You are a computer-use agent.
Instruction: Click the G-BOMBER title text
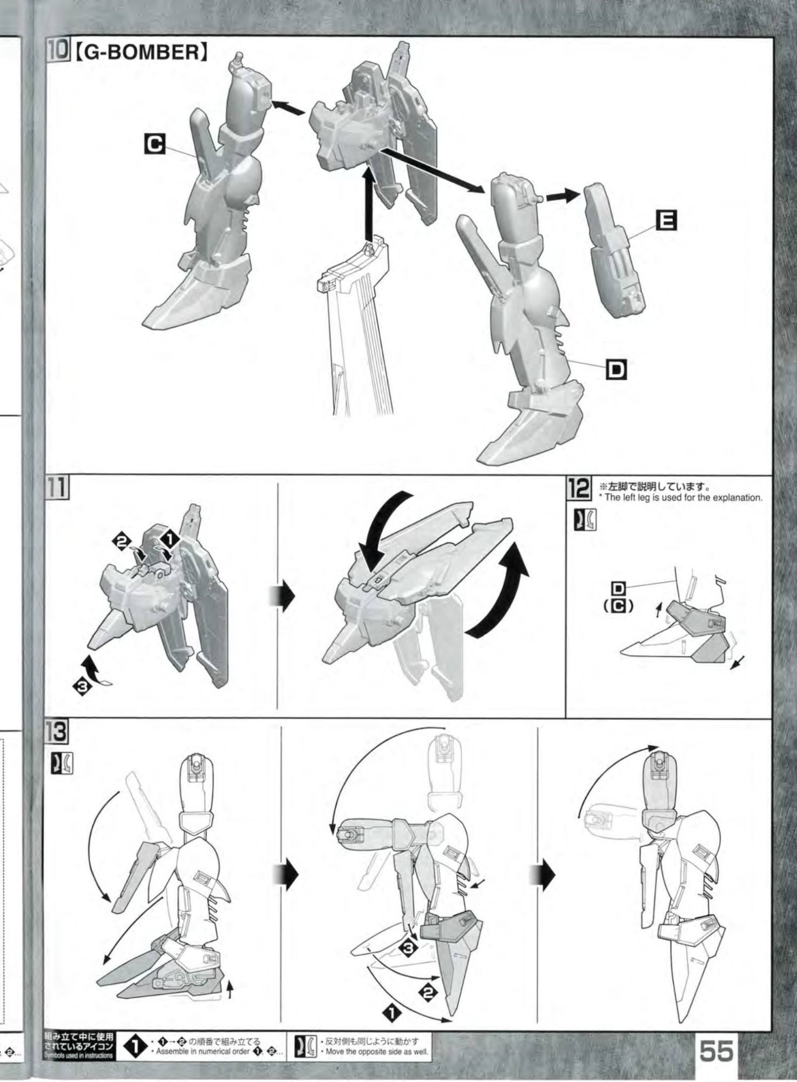coord(141,52)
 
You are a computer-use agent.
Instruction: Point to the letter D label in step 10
coord(615,371)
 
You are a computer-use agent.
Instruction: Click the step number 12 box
coord(578,490)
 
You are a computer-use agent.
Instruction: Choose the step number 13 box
coord(57,733)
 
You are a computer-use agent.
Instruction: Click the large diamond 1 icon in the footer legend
coord(135,1048)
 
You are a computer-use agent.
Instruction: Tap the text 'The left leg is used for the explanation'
coord(683,498)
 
